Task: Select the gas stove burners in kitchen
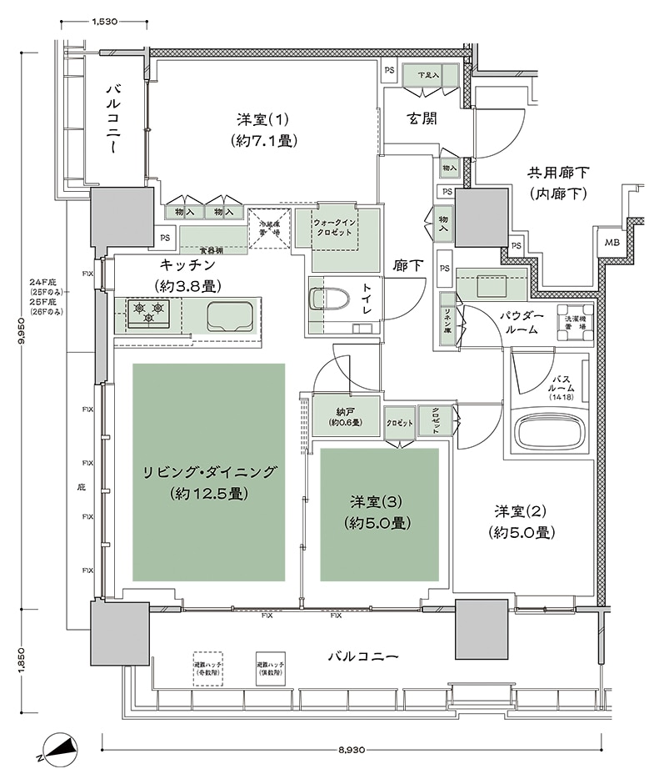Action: click(147, 314)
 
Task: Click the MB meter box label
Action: click(612, 244)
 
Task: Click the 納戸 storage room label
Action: click(344, 417)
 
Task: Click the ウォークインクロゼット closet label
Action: click(337, 228)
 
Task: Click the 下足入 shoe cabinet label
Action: click(429, 77)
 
